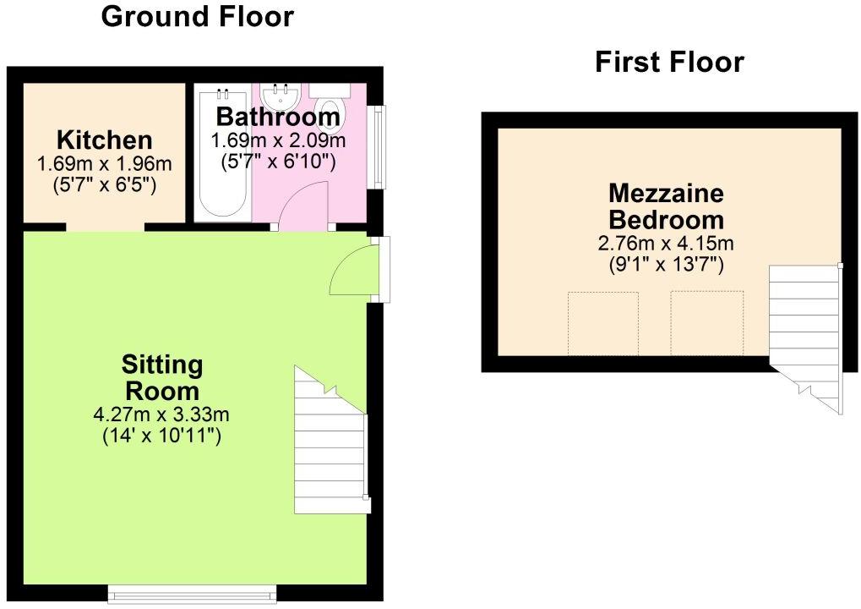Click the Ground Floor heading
point(198,16)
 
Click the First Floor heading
point(669,62)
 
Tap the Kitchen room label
point(104,140)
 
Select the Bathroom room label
point(278,117)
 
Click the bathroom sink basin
point(280,97)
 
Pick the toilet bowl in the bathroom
point(332,107)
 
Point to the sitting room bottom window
point(192,593)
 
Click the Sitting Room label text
point(162,377)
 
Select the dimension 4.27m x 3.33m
point(161,414)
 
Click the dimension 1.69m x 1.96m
point(104,163)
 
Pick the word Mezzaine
point(666,194)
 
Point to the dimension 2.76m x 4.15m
point(666,243)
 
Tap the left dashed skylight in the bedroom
point(603,323)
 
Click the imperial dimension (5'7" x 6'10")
point(278,162)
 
